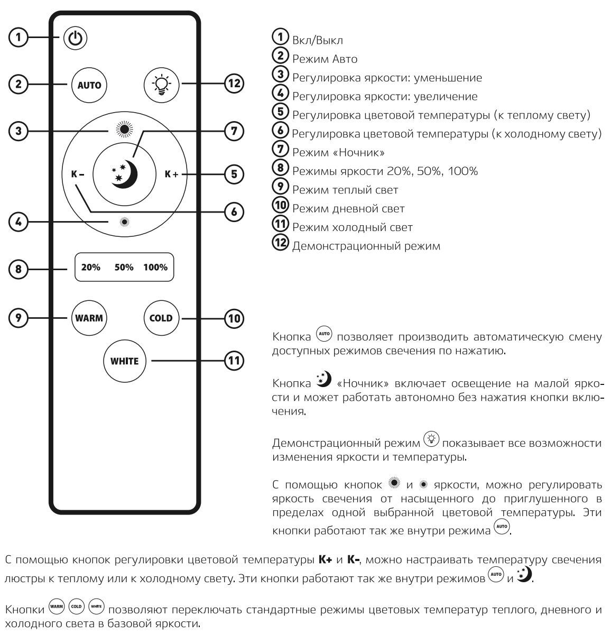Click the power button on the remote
(76, 38)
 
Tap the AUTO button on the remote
(89, 85)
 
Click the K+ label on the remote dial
(172, 173)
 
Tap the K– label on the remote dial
(78, 173)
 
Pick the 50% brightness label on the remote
(124, 268)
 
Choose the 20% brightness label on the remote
(91, 268)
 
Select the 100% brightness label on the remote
(155, 268)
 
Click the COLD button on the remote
(161, 318)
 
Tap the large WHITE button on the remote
(124, 362)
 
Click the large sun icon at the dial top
(124, 129)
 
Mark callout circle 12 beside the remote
(234, 84)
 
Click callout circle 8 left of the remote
(18, 269)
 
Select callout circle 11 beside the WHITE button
(233, 361)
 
